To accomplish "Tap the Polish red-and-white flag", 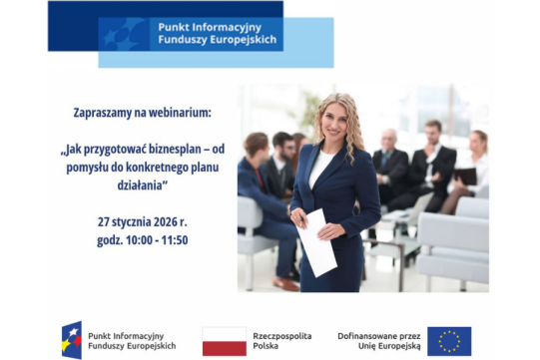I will (x=224, y=341).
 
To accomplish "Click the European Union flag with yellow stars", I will (x=449, y=341).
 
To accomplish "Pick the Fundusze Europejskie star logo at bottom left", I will (x=72, y=341).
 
